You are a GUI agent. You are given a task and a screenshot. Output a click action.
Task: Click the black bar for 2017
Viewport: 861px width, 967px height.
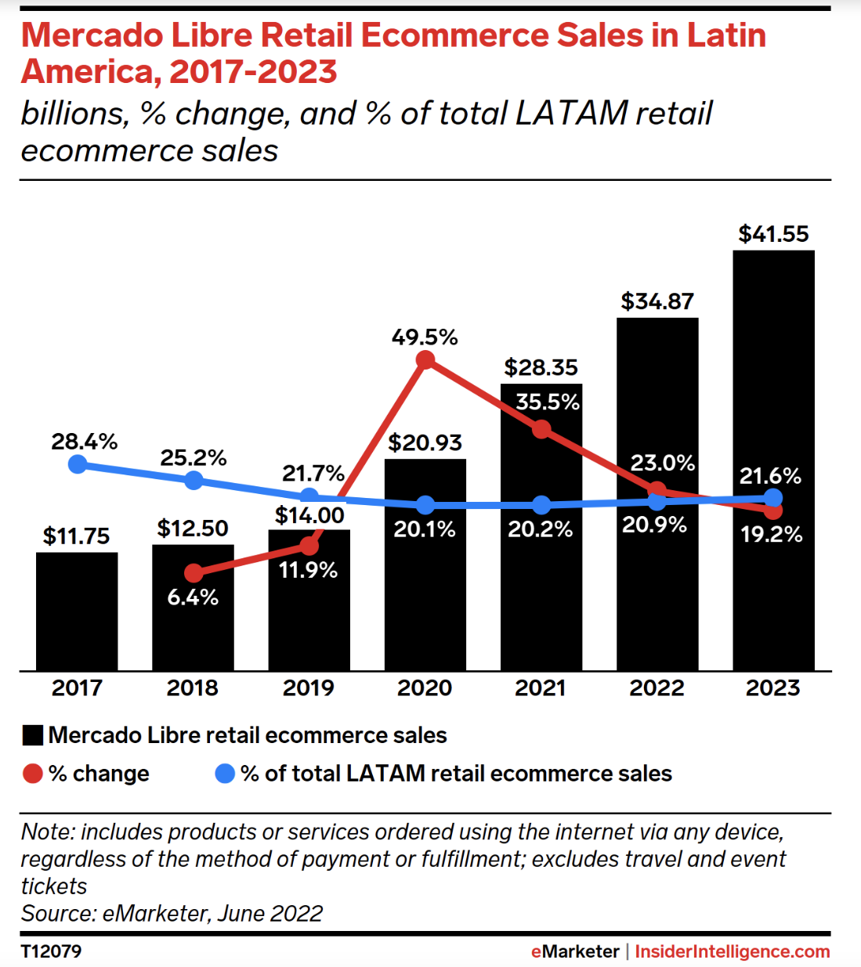pyautogui.click(x=77, y=611)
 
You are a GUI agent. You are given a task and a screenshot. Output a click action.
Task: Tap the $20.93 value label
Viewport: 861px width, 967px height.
pyautogui.click(x=425, y=443)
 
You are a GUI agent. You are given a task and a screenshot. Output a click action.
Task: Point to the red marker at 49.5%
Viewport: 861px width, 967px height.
pyautogui.click(x=425, y=360)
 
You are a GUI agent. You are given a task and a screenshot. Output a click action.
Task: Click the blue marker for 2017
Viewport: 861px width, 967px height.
pyautogui.click(x=78, y=464)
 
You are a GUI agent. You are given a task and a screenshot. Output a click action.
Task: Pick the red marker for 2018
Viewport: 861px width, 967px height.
pyautogui.click(x=194, y=574)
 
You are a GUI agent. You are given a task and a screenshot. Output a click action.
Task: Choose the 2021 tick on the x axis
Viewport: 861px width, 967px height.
pyautogui.click(x=541, y=688)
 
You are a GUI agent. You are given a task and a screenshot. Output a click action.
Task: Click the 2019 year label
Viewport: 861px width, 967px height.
pyautogui.click(x=309, y=688)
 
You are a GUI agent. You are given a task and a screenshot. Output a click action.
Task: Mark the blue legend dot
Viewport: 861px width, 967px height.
pyautogui.click(x=225, y=774)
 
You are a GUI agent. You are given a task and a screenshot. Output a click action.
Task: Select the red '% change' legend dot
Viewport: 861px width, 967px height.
pyautogui.click(x=32, y=774)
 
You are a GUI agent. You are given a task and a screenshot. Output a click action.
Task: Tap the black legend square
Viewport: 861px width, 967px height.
pyautogui.click(x=33, y=736)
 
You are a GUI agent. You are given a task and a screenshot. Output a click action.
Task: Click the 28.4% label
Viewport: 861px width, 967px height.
pyautogui.click(x=84, y=442)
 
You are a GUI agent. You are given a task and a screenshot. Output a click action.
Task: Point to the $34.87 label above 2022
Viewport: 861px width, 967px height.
pyautogui.click(x=657, y=301)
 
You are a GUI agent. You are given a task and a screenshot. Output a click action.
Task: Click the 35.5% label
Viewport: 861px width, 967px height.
pyautogui.click(x=548, y=402)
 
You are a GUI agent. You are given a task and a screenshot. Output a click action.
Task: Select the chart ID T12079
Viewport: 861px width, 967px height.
pyautogui.click(x=51, y=951)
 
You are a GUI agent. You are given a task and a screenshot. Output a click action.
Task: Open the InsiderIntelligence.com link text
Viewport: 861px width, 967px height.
pyautogui.click(x=732, y=951)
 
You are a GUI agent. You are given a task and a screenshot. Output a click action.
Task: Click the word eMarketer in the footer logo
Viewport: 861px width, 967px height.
pyautogui.click(x=575, y=951)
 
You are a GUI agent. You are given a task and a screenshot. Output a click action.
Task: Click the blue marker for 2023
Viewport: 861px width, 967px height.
pyautogui.click(x=773, y=498)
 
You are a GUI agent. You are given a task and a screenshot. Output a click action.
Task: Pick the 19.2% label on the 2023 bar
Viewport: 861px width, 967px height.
pyautogui.click(x=772, y=535)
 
